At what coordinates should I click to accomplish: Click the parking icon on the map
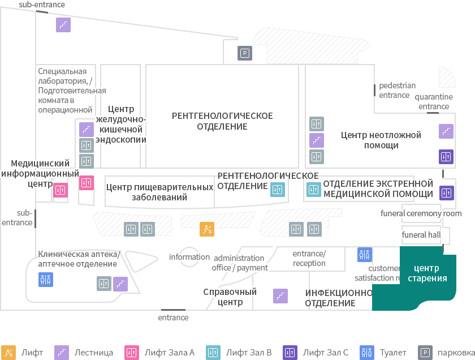[x=245, y=53]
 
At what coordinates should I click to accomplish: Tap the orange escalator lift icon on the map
[x=207, y=229]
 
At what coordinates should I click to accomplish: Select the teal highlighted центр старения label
[x=427, y=273]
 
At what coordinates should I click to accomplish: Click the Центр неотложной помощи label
[x=381, y=140]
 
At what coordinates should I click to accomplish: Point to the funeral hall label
[x=421, y=235]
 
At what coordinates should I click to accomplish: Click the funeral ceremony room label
[x=421, y=213]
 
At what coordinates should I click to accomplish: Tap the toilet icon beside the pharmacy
[x=46, y=279]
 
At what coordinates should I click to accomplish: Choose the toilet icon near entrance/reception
[x=364, y=255]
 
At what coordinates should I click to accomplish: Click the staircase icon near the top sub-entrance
[x=63, y=25]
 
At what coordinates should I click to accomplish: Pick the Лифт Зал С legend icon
[x=290, y=353]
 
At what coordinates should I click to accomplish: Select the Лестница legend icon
[x=62, y=353]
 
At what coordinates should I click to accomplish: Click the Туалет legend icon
[x=367, y=353]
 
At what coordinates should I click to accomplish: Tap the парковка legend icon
[x=425, y=353]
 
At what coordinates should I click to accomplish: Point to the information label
[x=189, y=257]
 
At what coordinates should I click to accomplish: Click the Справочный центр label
[x=230, y=297]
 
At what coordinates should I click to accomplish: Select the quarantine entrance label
[x=434, y=101]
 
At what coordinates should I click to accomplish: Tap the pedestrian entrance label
[x=397, y=91]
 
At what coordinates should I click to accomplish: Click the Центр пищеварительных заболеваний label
[x=159, y=192]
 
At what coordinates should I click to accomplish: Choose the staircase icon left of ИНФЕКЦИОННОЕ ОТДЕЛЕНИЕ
[x=280, y=296]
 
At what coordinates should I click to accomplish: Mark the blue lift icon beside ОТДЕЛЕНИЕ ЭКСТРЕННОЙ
[x=313, y=190]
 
